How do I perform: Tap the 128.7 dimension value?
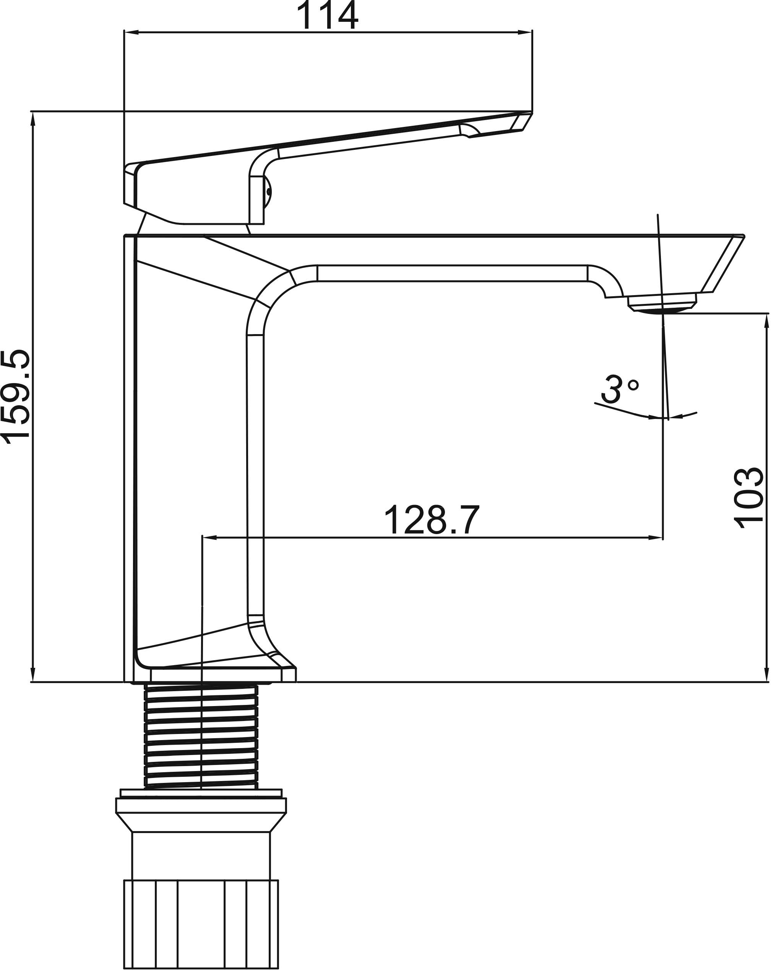tap(432, 520)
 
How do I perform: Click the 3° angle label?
tap(620, 389)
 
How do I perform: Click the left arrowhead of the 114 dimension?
tap(131, 32)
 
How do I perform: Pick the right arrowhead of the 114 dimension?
tap(525, 32)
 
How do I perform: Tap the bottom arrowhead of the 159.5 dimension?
tap(32, 675)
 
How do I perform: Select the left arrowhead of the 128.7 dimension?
tap(210, 537)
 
